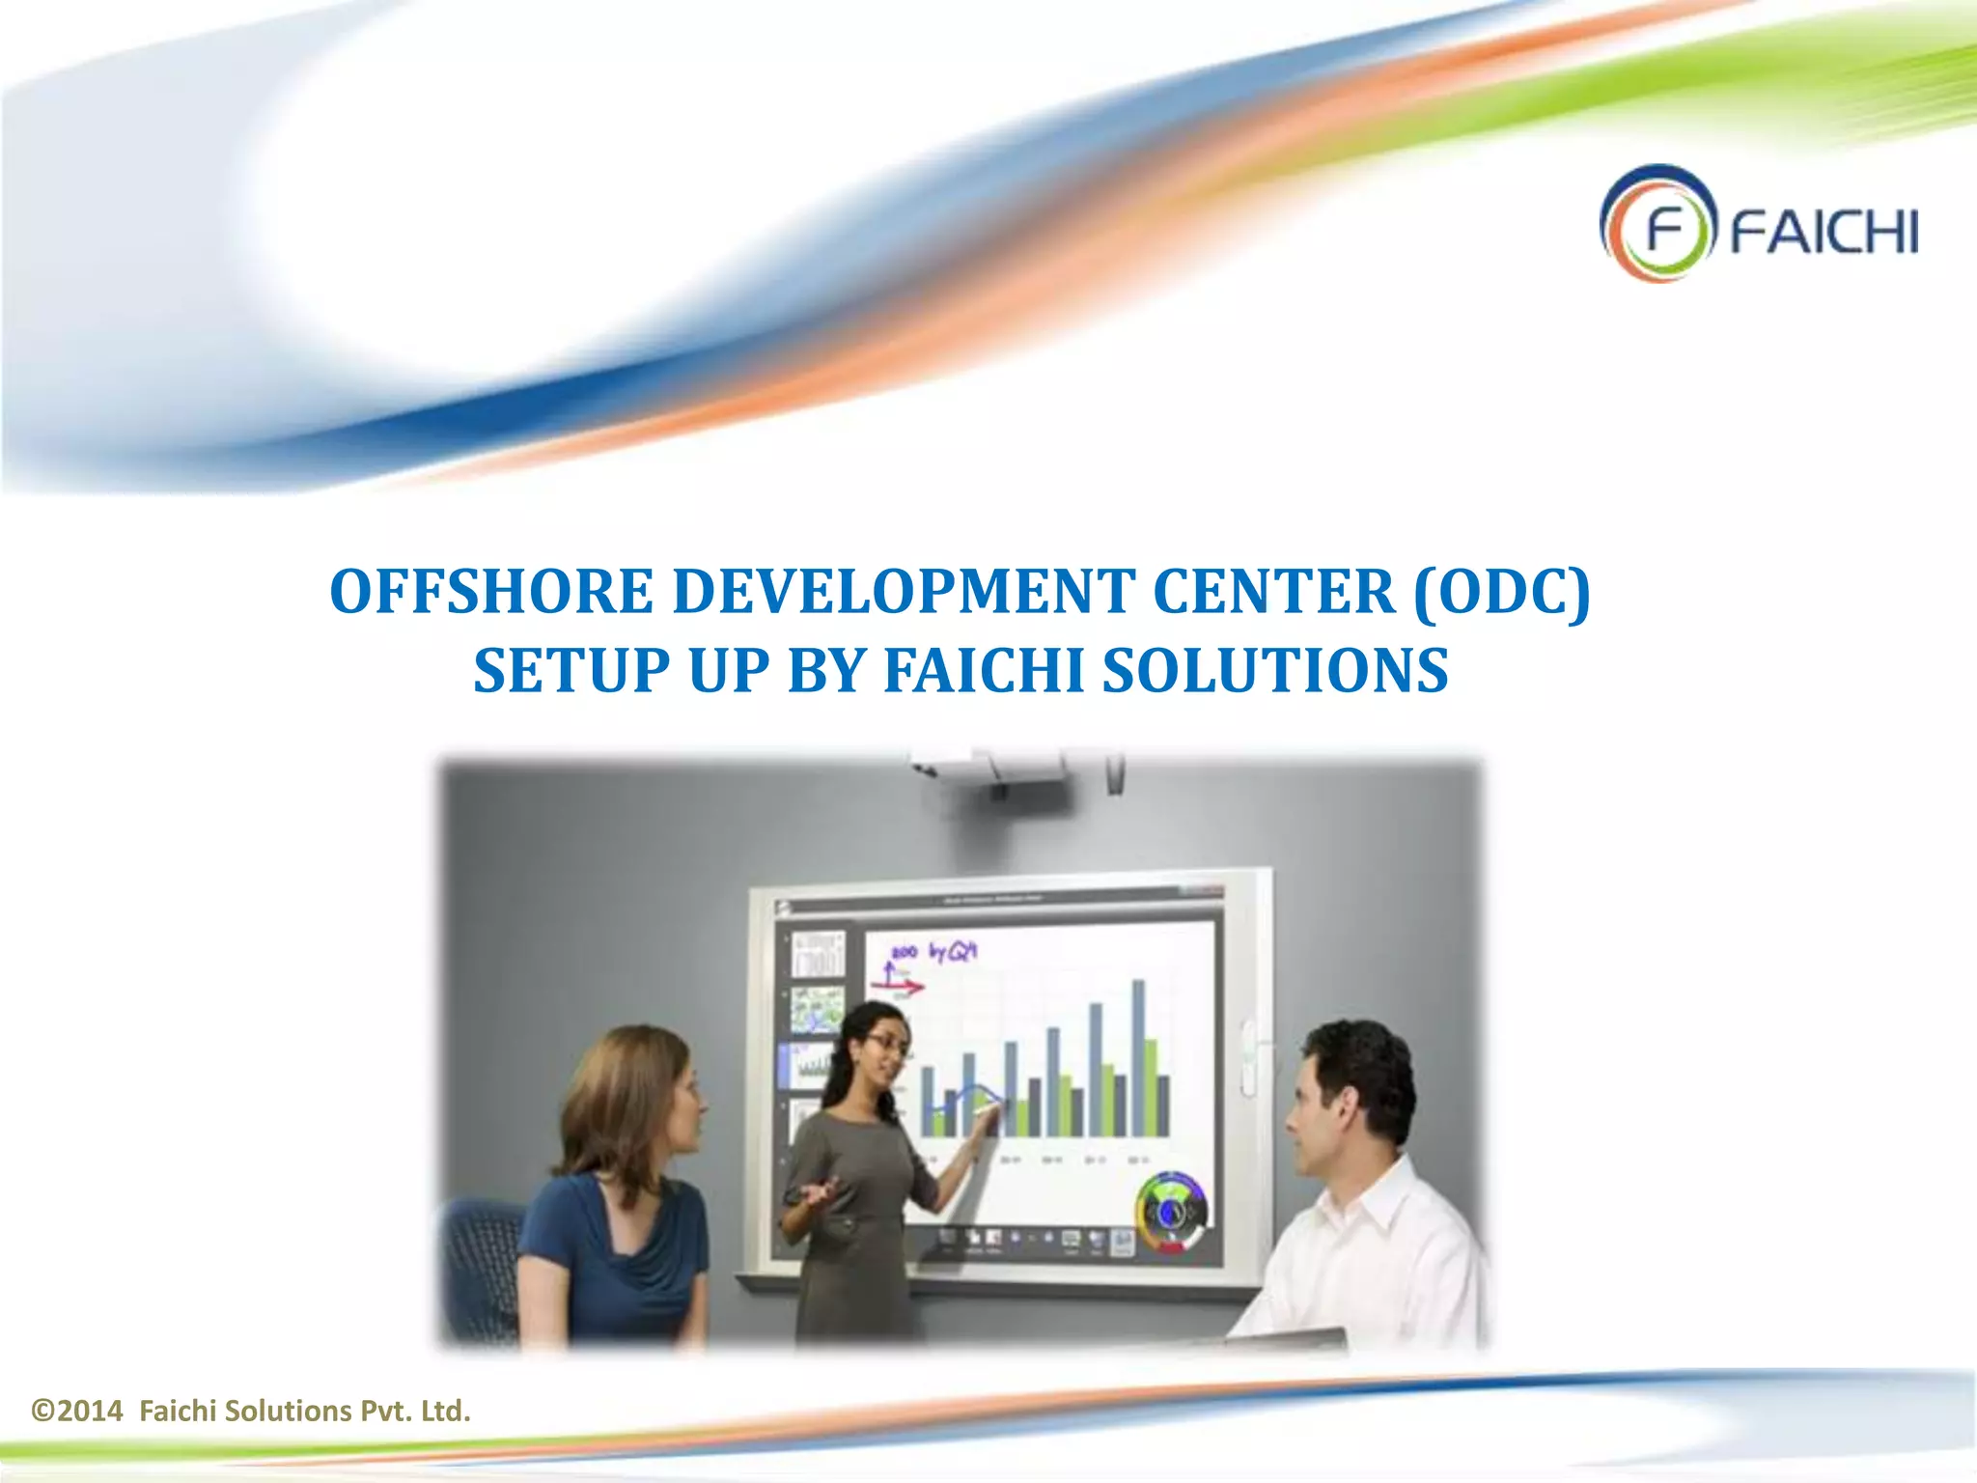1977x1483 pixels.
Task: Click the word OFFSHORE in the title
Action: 490,592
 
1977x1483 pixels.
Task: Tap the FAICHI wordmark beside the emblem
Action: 1823,232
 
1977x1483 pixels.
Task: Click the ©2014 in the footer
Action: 77,1412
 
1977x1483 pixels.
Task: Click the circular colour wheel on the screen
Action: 1171,1212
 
